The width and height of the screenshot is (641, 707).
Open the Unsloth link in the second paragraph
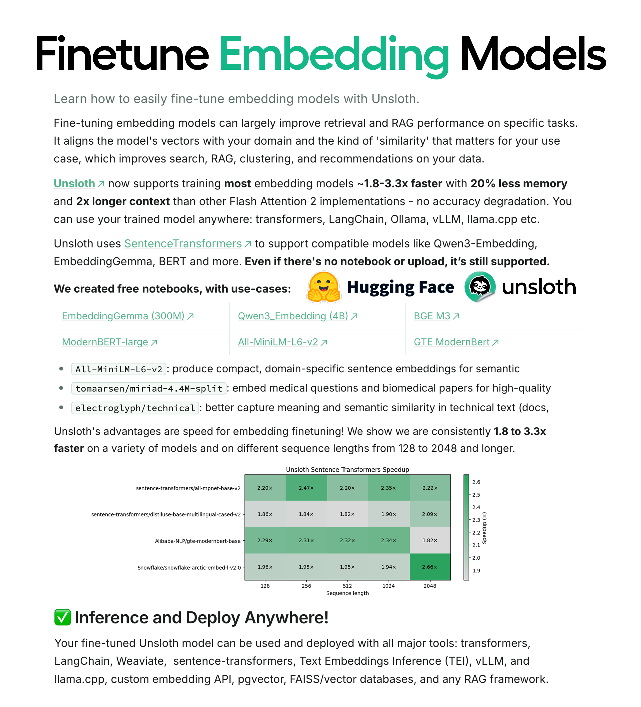click(74, 184)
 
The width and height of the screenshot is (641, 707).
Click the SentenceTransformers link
click(183, 243)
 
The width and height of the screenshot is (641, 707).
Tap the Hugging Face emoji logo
click(324, 287)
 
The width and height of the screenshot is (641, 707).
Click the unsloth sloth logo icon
click(480, 287)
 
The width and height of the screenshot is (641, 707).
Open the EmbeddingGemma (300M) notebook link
click(123, 316)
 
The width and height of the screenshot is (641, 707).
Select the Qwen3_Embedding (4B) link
click(293, 316)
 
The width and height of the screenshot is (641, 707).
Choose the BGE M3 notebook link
click(432, 316)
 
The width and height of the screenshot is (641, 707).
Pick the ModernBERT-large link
click(105, 342)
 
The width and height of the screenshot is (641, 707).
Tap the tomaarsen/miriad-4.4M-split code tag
click(149, 388)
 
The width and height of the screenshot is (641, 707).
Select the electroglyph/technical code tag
click(135, 408)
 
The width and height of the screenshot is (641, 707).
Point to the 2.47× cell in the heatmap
click(306, 488)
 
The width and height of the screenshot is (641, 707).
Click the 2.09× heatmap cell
click(430, 514)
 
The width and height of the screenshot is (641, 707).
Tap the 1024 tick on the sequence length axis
click(388, 586)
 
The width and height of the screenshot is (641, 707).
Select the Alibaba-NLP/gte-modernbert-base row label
click(198, 541)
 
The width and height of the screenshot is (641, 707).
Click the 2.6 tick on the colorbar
click(476, 482)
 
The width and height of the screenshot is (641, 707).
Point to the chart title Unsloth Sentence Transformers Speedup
click(348, 470)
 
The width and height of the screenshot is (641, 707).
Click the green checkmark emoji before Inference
click(63, 617)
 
